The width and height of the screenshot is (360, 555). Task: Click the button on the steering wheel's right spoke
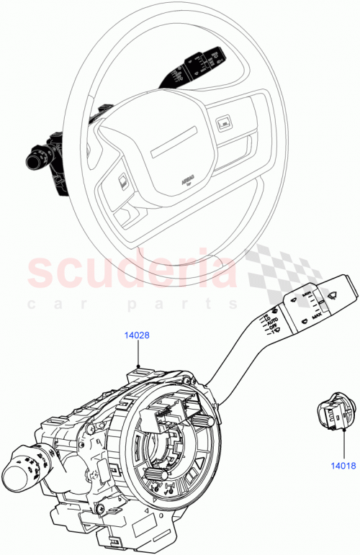click(222, 125)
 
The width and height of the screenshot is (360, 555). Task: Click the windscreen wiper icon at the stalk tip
click(336, 293)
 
